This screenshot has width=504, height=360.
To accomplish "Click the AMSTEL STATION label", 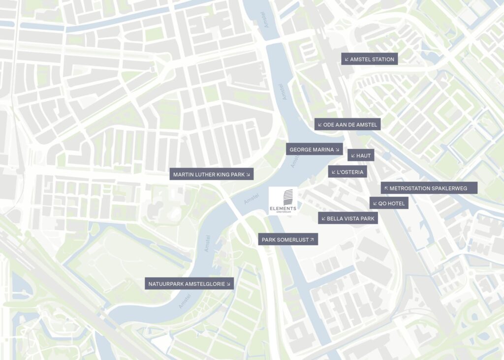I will pyautogui.click(x=369, y=59).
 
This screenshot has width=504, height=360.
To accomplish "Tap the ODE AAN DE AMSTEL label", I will pyautogui.click(x=347, y=124).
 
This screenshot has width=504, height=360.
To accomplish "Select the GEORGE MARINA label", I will pyautogui.click(x=315, y=150).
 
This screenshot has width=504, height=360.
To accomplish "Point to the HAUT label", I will pyautogui.click(x=361, y=155).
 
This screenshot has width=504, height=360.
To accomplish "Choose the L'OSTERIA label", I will pyautogui.click(x=347, y=172).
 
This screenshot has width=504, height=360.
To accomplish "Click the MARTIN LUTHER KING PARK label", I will pyautogui.click(x=211, y=174).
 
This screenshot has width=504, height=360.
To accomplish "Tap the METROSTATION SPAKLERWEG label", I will pyautogui.click(x=429, y=188).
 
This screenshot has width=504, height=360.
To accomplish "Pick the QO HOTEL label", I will pyautogui.click(x=389, y=203).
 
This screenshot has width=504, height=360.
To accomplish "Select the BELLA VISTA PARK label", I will pyautogui.click(x=348, y=218).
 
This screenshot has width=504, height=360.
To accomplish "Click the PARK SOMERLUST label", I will pyautogui.click(x=288, y=240).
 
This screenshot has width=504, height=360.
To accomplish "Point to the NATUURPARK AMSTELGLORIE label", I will pyautogui.click(x=189, y=283).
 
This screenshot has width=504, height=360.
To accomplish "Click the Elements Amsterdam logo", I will pyautogui.click(x=283, y=201).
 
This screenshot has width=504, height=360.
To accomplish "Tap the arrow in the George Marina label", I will pyautogui.click(x=338, y=150).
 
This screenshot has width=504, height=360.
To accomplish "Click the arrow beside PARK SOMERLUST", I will pyautogui.click(x=311, y=240).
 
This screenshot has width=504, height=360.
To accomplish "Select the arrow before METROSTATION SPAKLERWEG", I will pyautogui.click(x=386, y=188).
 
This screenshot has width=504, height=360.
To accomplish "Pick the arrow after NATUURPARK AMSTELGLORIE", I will pyautogui.click(x=228, y=283).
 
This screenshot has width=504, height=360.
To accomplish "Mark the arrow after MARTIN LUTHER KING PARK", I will pyautogui.click(x=248, y=174).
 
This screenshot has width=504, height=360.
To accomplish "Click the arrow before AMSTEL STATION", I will pyautogui.click(x=346, y=60).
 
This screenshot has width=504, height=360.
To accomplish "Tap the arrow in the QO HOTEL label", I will pyautogui.click(x=375, y=203).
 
